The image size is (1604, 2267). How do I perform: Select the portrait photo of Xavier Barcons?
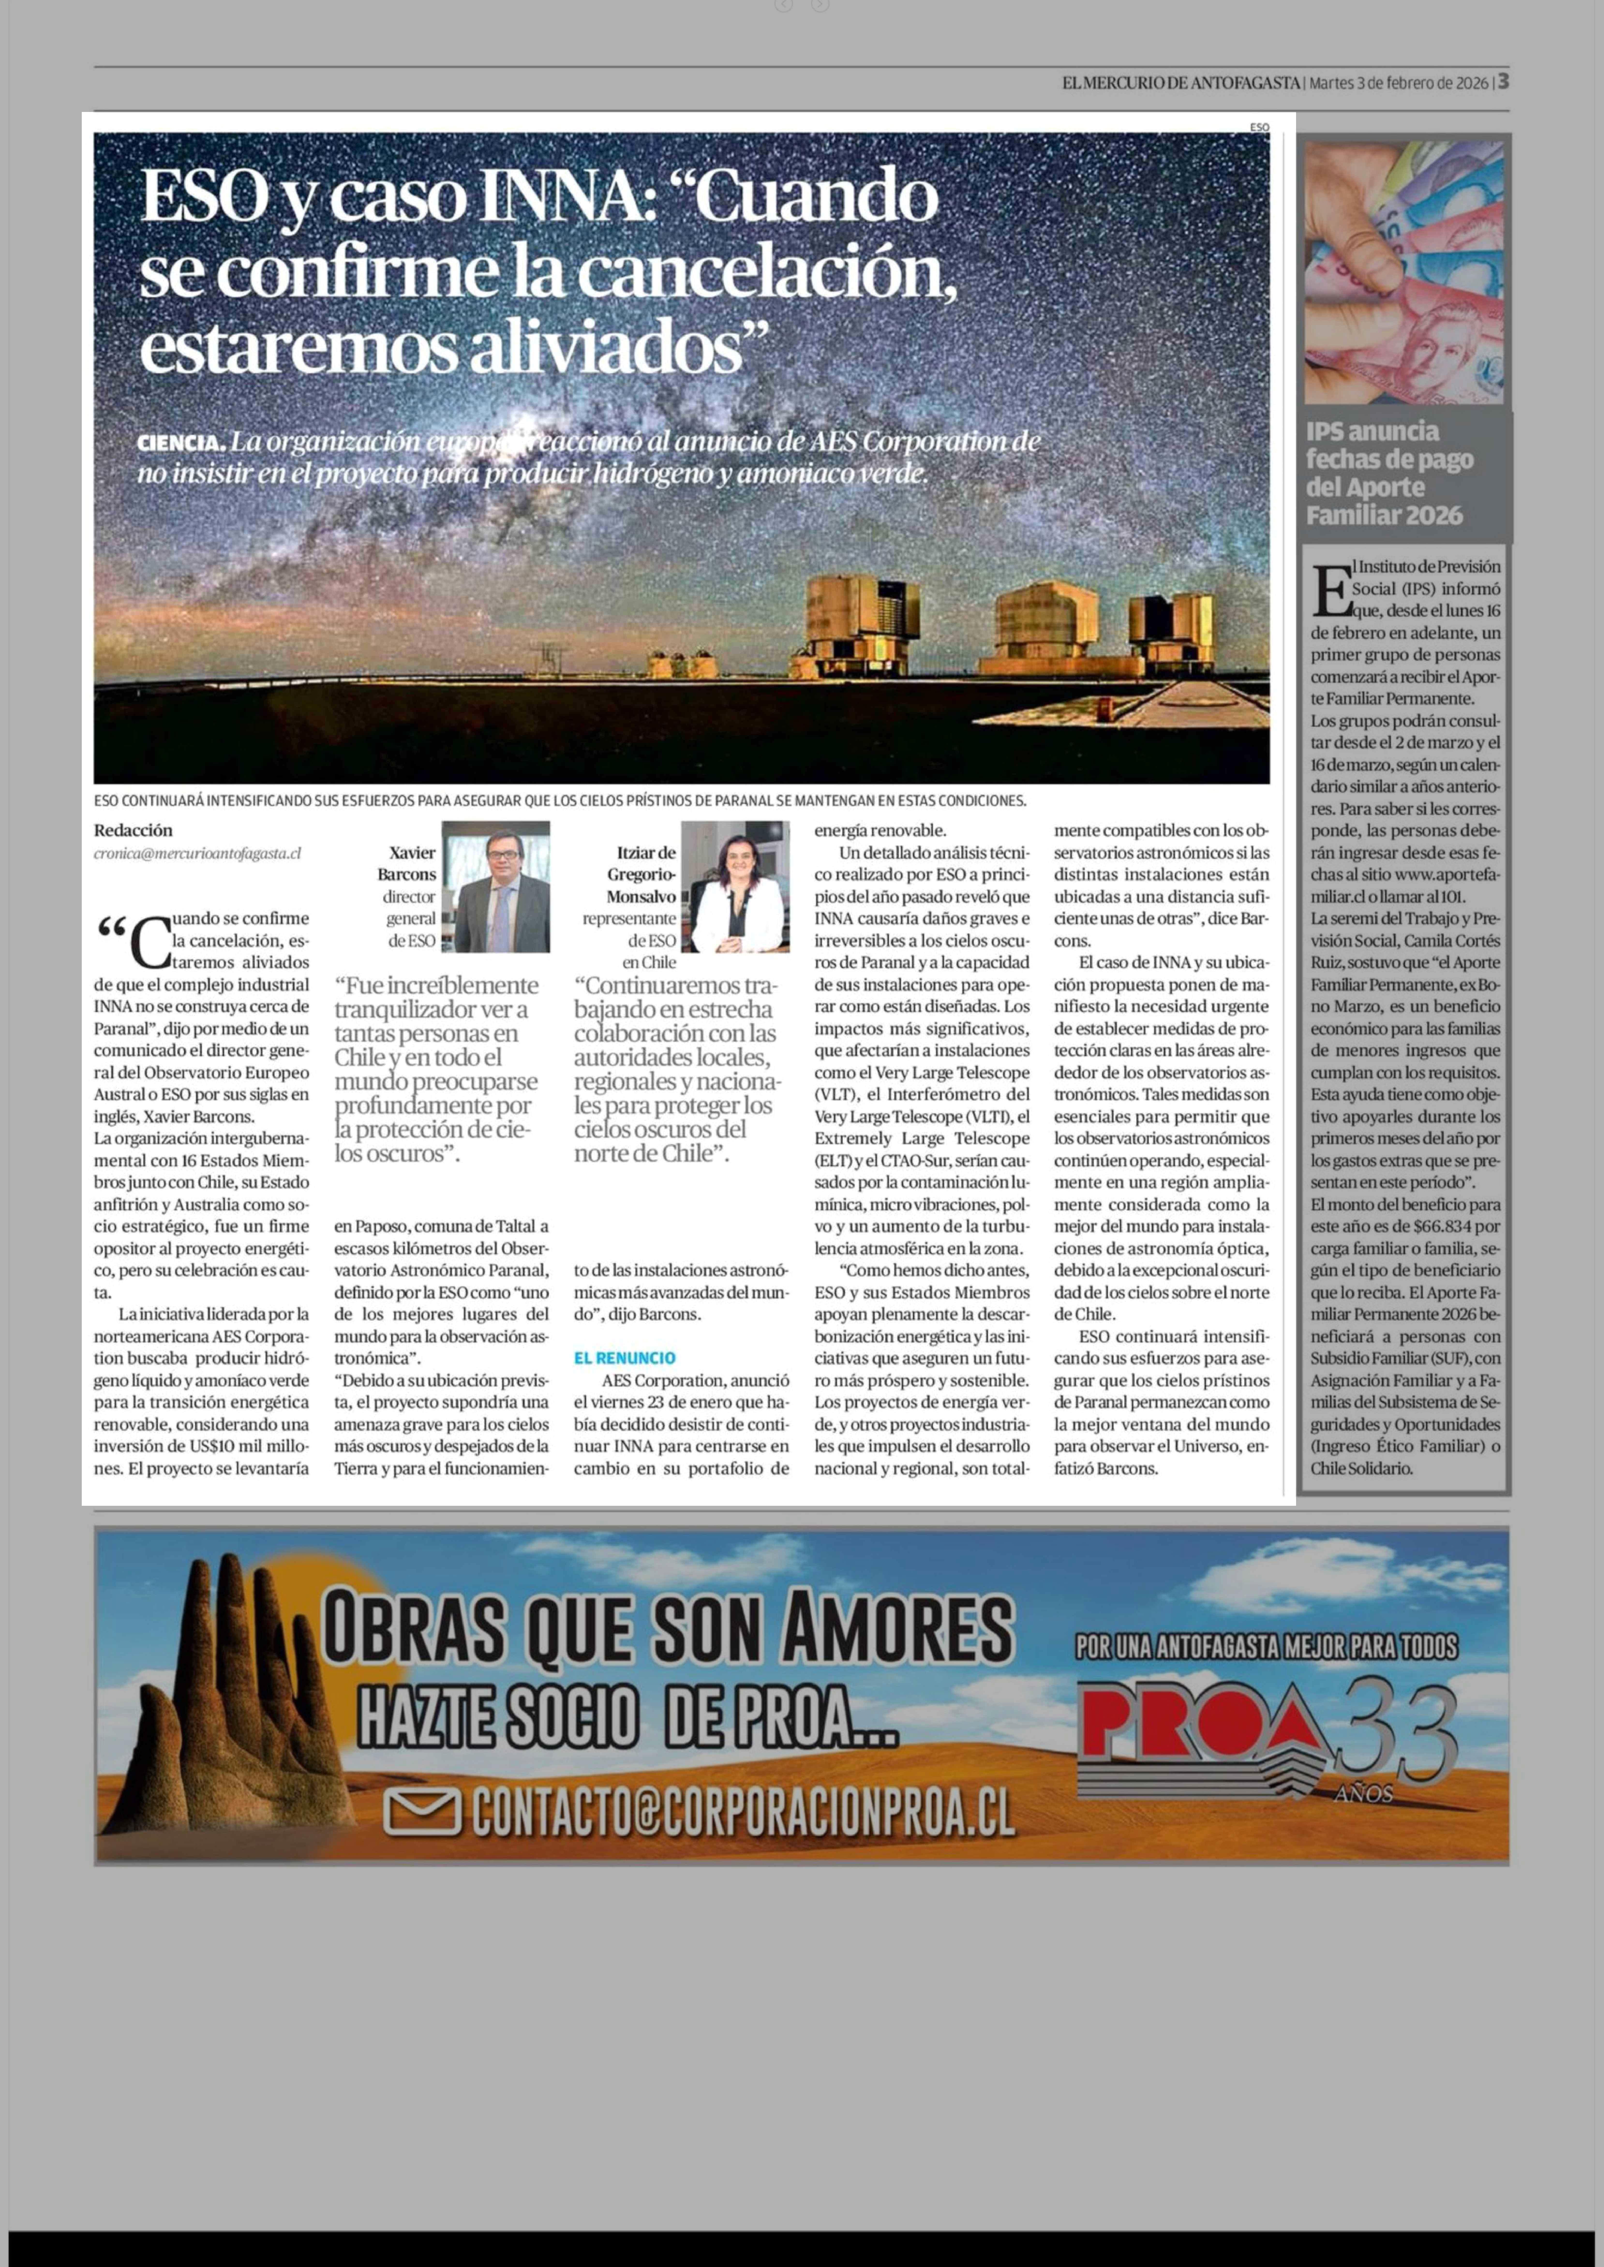pyautogui.click(x=496, y=887)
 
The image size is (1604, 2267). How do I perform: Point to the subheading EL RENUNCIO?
pyautogui.click(x=624, y=1358)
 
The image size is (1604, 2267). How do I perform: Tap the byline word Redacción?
pyautogui.click(x=133, y=830)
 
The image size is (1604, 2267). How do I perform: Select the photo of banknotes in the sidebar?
pyautogui.click(x=1403, y=273)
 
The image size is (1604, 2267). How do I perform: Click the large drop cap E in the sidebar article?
pyautogui.click(x=1330, y=591)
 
